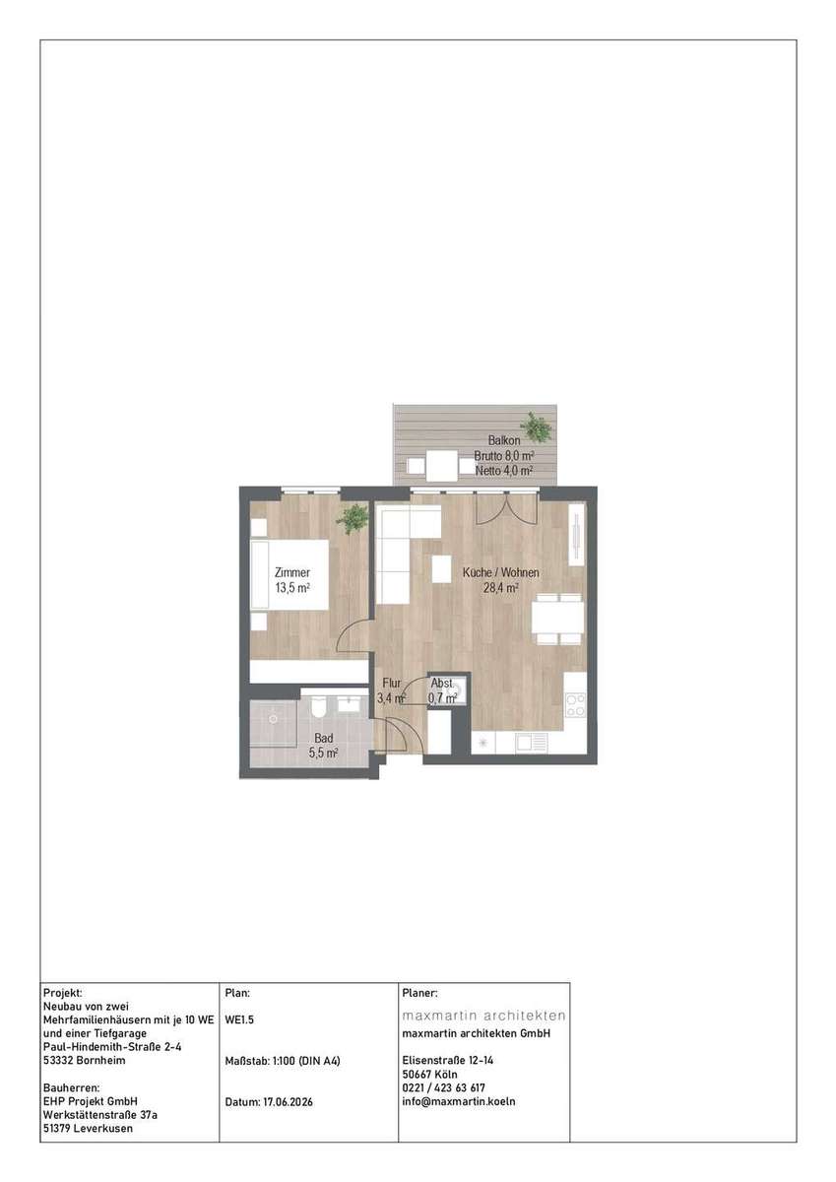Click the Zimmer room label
click(292, 572)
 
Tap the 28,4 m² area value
click(501, 588)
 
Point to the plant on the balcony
click(537, 427)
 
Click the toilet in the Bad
click(317, 706)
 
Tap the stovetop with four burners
click(575, 705)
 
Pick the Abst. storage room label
click(442, 683)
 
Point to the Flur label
click(392, 683)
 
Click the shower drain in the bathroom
click(273, 719)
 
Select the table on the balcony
click(441, 465)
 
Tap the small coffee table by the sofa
click(442, 569)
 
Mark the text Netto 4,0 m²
click(504, 470)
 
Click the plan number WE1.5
click(239, 1019)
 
